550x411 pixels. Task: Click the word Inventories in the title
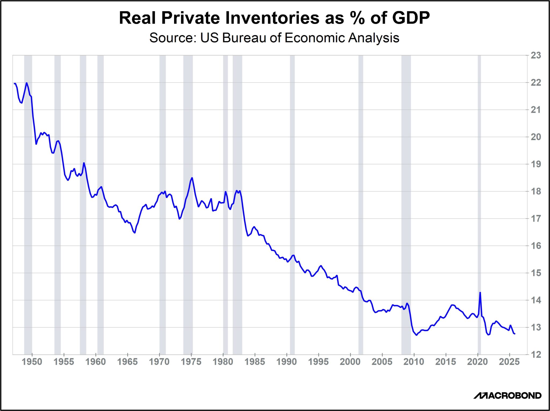click(272, 18)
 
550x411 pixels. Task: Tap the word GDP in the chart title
click(411, 18)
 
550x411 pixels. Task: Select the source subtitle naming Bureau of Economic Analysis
click(274, 38)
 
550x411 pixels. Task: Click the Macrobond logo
click(507, 395)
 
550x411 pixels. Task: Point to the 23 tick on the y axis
click(536, 56)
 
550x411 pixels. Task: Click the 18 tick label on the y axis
click(536, 191)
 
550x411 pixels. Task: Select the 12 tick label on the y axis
click(536, 354)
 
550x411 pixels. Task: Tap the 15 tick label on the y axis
click(536, 273)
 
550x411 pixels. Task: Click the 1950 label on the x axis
click(32, 362)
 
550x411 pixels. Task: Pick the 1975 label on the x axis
click(191, 362)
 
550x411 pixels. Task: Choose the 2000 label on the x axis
click(350, 362)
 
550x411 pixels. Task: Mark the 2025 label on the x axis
click(509, 362)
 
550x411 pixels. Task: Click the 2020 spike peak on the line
click(480, 293)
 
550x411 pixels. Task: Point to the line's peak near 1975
click(192, 178)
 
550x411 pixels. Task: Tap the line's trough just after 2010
click(416, 335)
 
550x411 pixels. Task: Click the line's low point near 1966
click(135, 233)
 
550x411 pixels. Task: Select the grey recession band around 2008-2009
click(406, 204)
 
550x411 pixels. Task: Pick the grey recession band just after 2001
click(361, 204)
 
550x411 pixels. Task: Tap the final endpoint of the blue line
click(515, 334)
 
